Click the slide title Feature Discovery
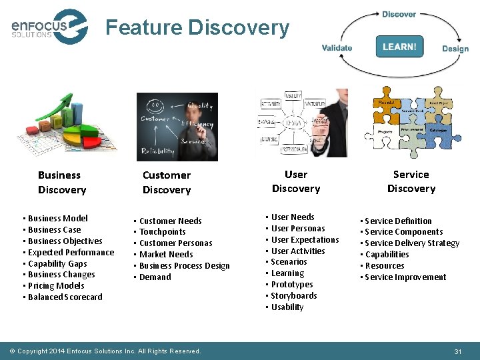[x=197, y=28]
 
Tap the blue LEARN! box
[x=399, y=47]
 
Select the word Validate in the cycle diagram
[x=337, y=48]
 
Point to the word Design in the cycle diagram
[x=455, y=49]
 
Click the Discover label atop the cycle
[x=399, y=14]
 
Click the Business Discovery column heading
[x=61, y=183]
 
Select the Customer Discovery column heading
[x=167, y=183]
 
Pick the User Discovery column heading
[x=296, y=181]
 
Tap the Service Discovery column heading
[x=411, y=181]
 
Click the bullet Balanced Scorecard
[x=65, y=297]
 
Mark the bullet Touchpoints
[x=162, y=232]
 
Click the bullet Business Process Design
[x=184, y=266]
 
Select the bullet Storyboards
[x=293, y=296]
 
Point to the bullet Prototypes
[x=291, y=285]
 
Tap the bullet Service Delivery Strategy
[x=412, y=243]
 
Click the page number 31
[x=457, y=351]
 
